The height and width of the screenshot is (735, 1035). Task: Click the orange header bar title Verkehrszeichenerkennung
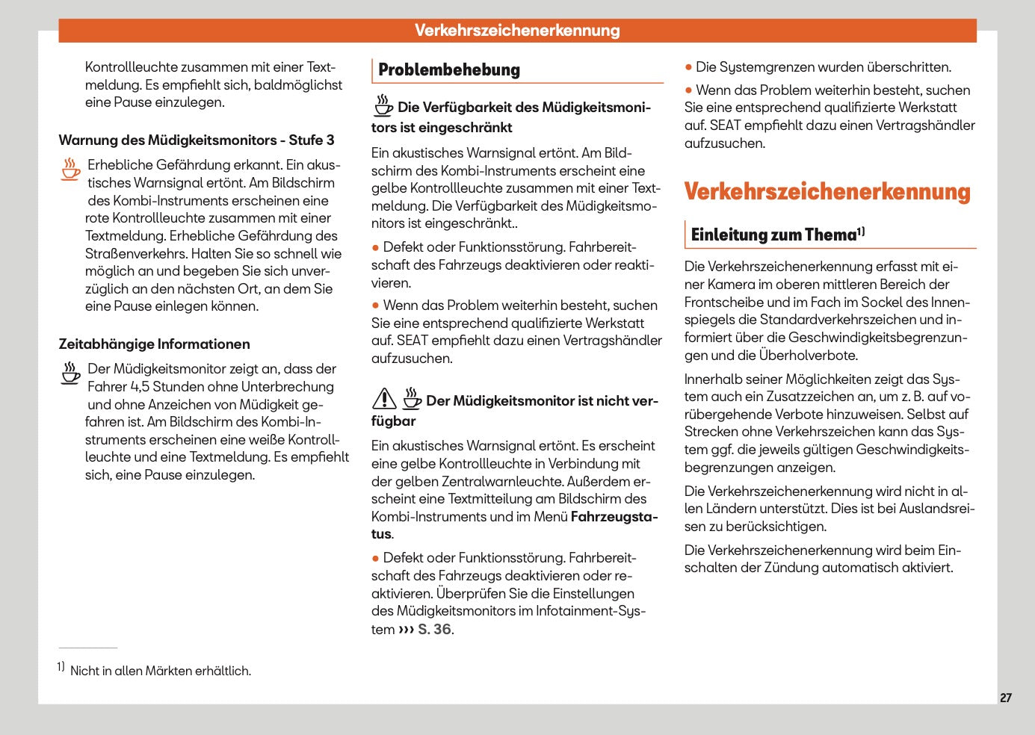pos(517,31)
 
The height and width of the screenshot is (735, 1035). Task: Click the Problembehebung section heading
pos(449,70)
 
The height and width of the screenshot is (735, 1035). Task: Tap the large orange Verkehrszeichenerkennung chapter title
pos(827,192)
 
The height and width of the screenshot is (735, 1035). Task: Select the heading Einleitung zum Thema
pos(773,235)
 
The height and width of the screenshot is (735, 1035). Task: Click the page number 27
pos(1006,698)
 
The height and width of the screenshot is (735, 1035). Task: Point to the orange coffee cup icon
pos(71,169)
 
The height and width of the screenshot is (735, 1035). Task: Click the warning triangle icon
pos(384,399)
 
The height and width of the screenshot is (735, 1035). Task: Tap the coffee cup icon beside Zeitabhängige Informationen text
pos(71,373)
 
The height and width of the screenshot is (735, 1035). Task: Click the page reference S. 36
pos(434,630)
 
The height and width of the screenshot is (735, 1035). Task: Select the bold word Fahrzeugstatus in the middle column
pos(614,517)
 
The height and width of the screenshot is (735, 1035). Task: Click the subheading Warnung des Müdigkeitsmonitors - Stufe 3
pos(197,140)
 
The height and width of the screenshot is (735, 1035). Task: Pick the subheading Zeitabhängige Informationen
pos(155,344)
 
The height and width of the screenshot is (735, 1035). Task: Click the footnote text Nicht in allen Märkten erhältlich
pos(161,671)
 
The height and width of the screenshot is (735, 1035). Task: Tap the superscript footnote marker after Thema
pos(861,232)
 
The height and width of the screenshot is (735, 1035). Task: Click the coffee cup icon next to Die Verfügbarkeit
pos(383,105)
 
